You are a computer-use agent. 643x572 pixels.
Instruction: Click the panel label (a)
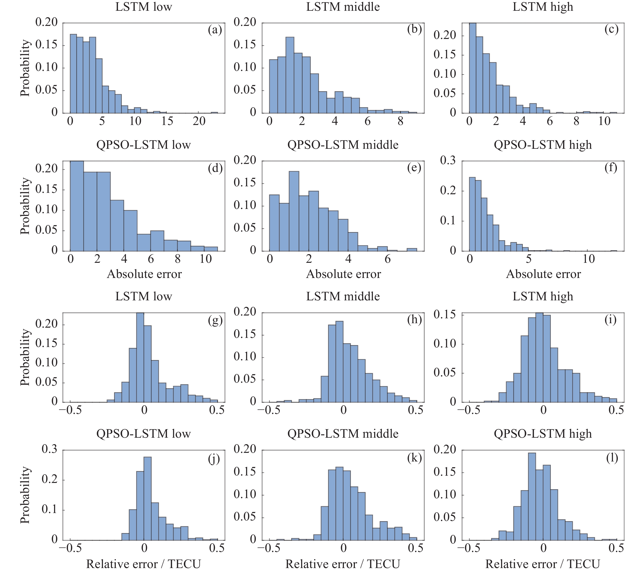[x=215, y=30]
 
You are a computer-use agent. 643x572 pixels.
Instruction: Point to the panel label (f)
[x=611, y=168]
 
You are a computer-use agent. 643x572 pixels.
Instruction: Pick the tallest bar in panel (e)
[x=294, y=211]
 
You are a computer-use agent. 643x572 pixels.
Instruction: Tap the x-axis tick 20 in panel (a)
[x=199, y=121]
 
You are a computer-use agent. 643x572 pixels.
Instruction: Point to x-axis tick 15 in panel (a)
[x=167, y=121]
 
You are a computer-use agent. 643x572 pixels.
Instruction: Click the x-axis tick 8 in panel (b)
[x=400, y=121]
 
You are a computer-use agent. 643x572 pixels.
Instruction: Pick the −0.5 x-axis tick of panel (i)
[x=469, y=410]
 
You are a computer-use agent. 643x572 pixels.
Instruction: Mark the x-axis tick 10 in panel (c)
[x=604, y=121]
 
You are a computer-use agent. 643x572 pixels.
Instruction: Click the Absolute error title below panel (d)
[x=144, y=274]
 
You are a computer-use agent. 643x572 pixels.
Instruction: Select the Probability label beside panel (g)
[x=25, y=357]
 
